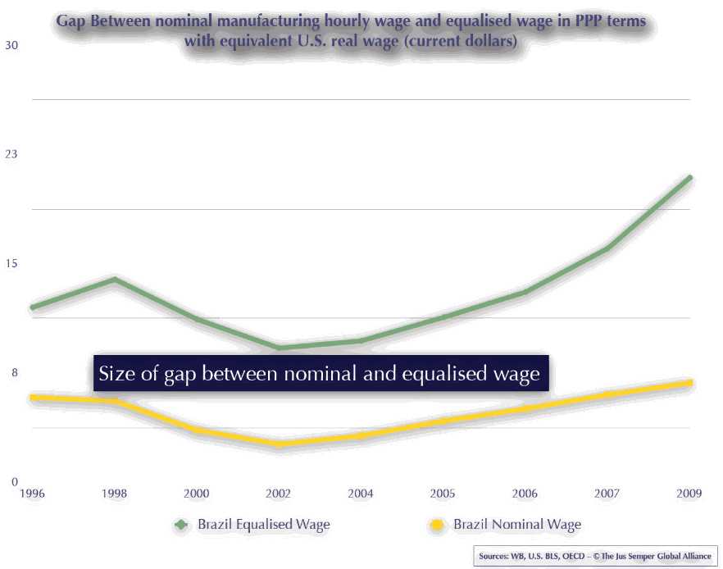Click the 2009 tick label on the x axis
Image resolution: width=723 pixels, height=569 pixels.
(689, 494)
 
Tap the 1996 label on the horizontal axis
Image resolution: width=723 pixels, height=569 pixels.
(32, 494)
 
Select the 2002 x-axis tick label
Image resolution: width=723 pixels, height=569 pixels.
(279, 494)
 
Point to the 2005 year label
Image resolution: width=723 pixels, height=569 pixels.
(443, 494)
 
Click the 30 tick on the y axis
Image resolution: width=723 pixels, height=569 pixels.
(11, 45)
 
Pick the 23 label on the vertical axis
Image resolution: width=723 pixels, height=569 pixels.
(11, 154)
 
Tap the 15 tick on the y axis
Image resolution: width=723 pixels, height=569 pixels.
(11, 263)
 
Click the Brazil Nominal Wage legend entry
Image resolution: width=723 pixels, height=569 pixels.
(516, 524)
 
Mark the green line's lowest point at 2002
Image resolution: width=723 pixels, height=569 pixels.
(280, 348)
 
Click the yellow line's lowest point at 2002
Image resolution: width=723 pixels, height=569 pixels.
(280, 444)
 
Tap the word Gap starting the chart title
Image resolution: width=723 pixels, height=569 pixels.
(72, 20)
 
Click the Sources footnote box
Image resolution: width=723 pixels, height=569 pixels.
(595, 556)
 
